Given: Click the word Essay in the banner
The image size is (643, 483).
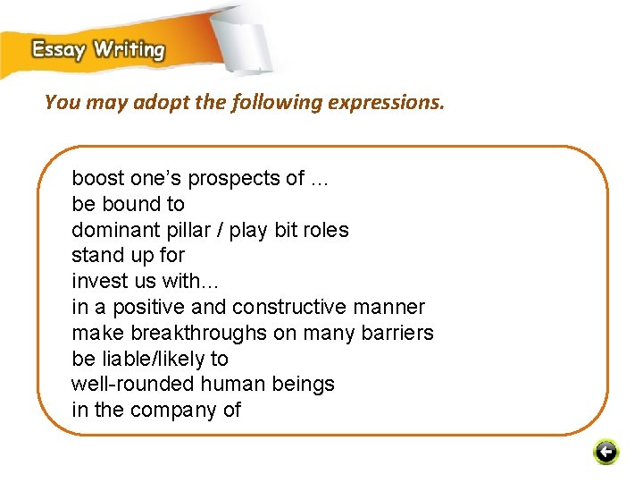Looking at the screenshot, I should [x=59, y=49].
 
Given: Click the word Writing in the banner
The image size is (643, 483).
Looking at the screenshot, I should [x=129, y=49].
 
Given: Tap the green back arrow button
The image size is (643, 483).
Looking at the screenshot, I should [x=605, y=453].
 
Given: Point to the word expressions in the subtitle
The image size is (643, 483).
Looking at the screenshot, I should [x=385, y=103].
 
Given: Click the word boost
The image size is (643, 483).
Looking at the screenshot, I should [x=98, y=178].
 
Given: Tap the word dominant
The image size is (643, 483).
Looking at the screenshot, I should [x=112, y=230].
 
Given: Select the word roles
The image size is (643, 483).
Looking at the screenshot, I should [x=324, y=230].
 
